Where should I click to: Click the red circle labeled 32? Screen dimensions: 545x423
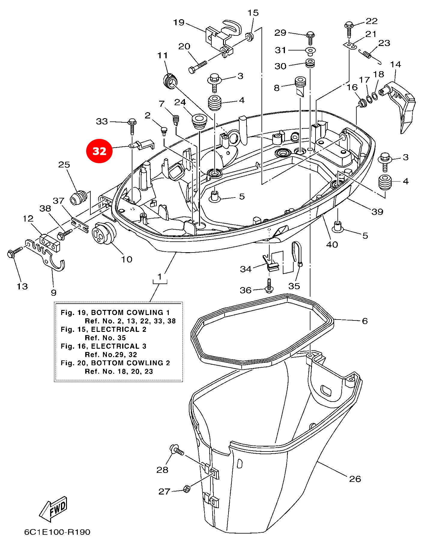point(99,151)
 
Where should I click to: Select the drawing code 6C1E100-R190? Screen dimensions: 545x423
point(57,532)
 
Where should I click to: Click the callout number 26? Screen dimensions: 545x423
point(355,479)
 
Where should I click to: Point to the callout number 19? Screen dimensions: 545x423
point(179,23)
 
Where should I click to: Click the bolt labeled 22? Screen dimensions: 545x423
point(349,28)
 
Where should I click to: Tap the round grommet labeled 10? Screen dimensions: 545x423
point(104,234)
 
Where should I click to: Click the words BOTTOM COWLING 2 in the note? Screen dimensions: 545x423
point(131,363)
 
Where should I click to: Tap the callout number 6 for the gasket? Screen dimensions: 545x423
point(365,321)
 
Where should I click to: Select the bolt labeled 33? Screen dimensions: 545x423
point(132,126)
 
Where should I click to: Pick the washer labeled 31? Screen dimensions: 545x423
point(310,51)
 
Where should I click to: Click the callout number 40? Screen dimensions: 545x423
point(332,244)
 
